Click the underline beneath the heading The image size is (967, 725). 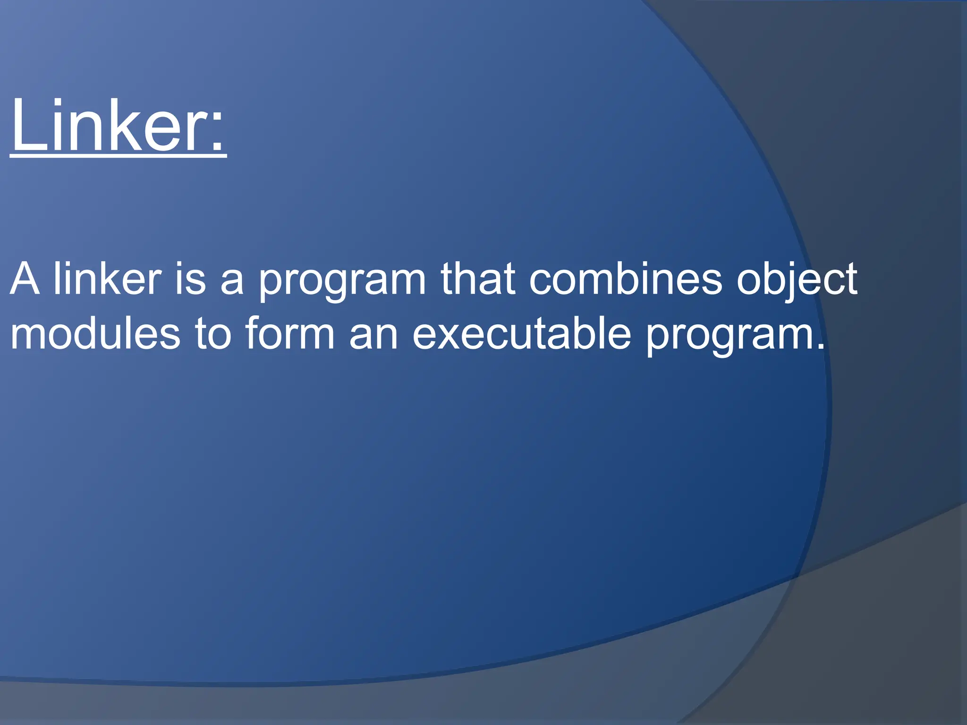click(x=118, y=156)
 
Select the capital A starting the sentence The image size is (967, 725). click(x=25, y=279)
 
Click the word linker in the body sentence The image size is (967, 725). click(x=108, y=279)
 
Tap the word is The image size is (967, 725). click(x=191, y=279)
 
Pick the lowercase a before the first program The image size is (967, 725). click(x=232, y=283)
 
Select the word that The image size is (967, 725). click(x=477, y=279)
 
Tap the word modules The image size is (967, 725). click(x=95, y=334)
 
